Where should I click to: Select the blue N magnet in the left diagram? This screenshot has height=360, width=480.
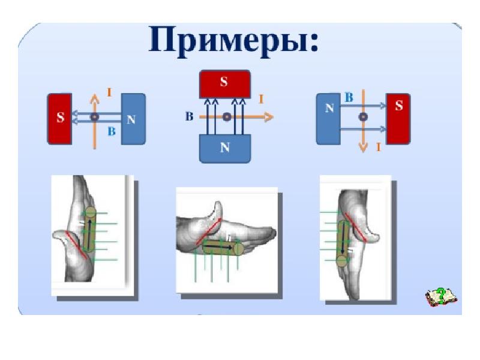pyautogui.click(x=133, y=118)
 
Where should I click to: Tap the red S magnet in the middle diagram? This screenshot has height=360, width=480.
pyautogui.click(x=224, y=83)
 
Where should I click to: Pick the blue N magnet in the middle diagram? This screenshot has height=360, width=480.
pyautogui.click(x=224, y=148)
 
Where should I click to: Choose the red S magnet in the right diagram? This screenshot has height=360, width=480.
pyautogui.click(x=398, y=118)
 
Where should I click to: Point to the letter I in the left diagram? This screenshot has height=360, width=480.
pyautogui.click(x=109, y=92)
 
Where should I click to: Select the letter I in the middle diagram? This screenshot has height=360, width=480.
pyautogui.click(x=261, y=98)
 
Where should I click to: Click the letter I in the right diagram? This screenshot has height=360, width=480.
pyautogui.click(x=379, y=146)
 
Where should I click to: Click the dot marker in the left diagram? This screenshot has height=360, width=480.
pyautogui.click(x=95, y=116)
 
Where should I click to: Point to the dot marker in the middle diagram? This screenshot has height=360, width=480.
pyautogui.click(x=226, y=117)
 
